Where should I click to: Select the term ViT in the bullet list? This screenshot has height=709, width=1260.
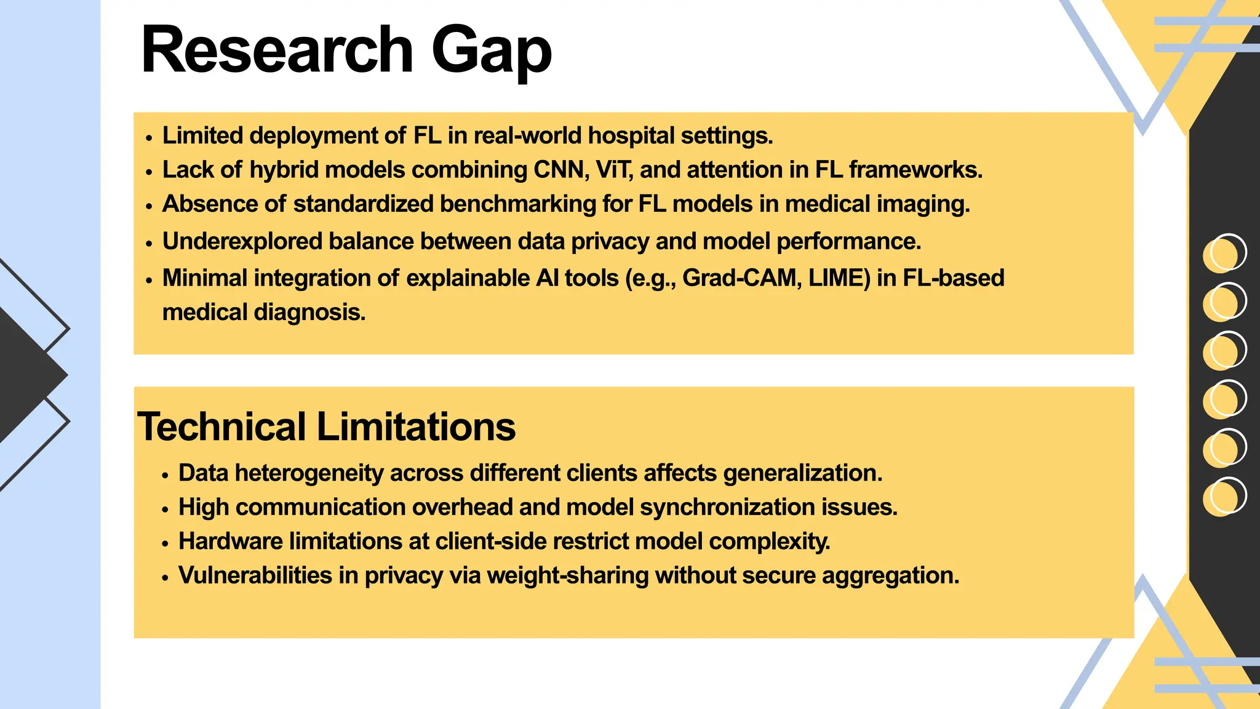pyautogui.click(x=613, y=170)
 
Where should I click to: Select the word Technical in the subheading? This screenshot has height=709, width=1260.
pyautogui.click(x=221, y=427)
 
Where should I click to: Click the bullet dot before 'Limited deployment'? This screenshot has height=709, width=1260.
pyautogui.click(x=149, y=138)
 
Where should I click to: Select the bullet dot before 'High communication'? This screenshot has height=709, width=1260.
pyautogui.click(x=165, y=510)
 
